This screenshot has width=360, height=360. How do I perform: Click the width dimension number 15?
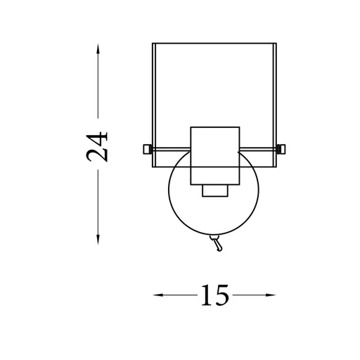click(x=214, y=296)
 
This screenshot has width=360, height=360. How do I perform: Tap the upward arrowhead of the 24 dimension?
click(x=98, y=46)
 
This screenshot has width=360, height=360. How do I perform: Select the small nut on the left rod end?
click(x=146, y=148)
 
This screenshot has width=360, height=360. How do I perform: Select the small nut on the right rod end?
click(x=281, y=148)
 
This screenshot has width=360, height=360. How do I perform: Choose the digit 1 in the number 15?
click(x=206, y=296)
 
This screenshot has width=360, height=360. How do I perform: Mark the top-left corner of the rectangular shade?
click(x=153, y=44)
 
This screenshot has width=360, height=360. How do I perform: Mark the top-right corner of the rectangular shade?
click(x=276, y=44)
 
